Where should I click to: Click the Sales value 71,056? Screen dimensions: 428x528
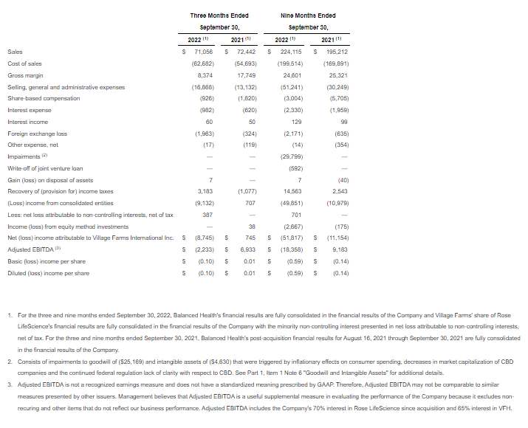[x=202, y=52]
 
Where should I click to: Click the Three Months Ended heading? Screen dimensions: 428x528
[x=219, y=15]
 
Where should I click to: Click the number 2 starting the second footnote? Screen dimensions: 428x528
[x=10, y=362]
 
